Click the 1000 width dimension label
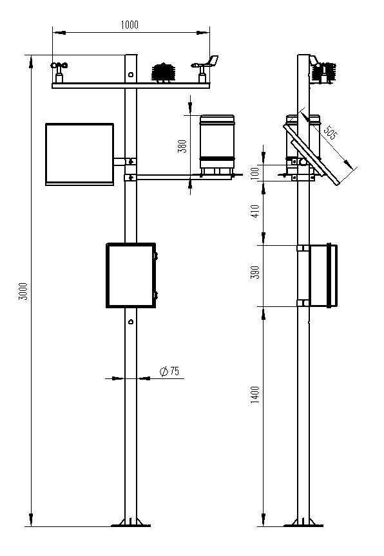pyautogui.click(x=130, y=25)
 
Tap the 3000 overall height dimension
pyautogui.click(x=23, y=292)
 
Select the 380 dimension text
pyautogui.click(x=182, y=146)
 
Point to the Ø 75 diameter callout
pyautogui.click(x=169, y=371)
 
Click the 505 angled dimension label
pyautogui.click(x=331, y=133)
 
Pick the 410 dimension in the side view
pyautogui.click(x=255, y=211)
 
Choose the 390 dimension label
pyautogui.click(x=255, y=272)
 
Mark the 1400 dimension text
pyautogui.click(x=255, y=394)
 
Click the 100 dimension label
pyautogui.click(x=255, y=173)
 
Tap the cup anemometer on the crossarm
pyautogui.click(x=59, y=72)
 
